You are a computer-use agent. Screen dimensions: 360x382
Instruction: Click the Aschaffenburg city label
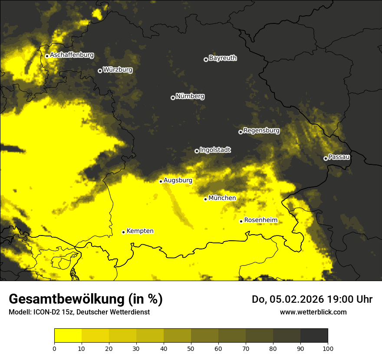(x=72, y=55)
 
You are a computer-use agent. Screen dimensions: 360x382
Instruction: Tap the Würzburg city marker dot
(x=100, y=71)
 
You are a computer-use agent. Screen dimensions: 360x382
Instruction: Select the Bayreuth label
(x=223, y=58)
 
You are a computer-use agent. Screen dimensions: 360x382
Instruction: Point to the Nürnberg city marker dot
(x=173, y=98)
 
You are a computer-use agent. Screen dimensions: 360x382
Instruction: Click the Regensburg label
(x=261, y=130)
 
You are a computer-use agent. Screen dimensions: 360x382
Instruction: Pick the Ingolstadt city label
(x=215, y=150)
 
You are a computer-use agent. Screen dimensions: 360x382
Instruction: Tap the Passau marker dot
(x=326, y=158)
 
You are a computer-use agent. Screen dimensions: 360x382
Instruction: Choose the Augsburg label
(x=178, y=180)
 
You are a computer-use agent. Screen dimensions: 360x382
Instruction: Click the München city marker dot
(x=206, y=199)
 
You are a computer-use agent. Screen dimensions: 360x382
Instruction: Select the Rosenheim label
(x=260, y=220)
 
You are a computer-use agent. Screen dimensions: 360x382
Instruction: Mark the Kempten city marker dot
(x=123, y=232)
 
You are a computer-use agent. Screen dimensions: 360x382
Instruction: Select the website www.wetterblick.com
(x=313, y=312)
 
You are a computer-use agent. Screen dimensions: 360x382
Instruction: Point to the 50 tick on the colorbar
(x=191, y=348)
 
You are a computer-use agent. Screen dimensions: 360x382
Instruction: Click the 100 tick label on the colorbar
(x=328, y=348)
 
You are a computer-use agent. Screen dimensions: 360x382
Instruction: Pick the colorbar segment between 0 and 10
(x=68, y=336)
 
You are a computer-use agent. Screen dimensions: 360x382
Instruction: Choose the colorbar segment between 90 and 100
(x=314, y=336)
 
